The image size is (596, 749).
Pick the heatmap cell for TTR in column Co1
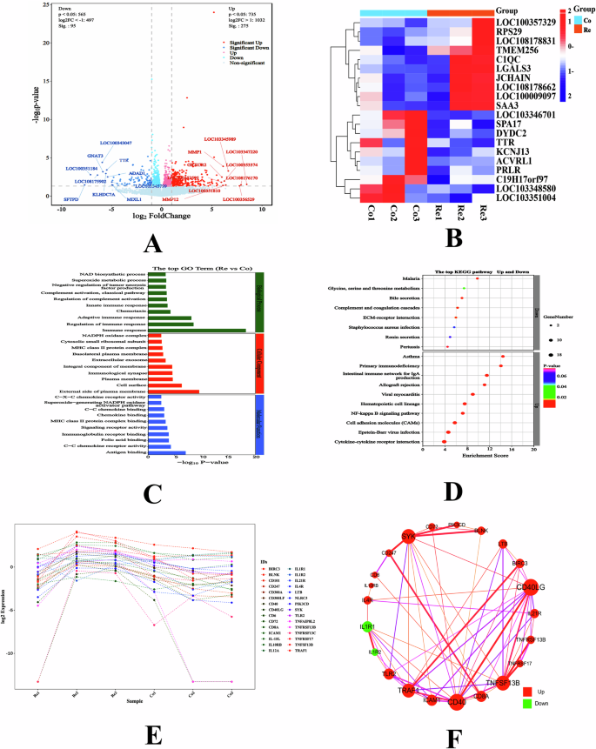click(371, 143)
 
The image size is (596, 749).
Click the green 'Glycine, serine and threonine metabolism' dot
click(465, 288)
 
